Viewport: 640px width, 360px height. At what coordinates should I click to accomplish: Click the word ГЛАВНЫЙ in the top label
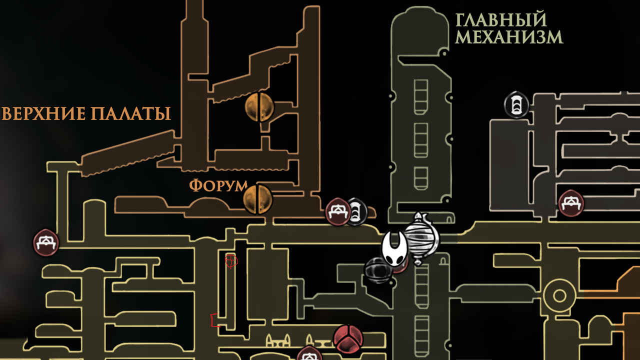point(500,20)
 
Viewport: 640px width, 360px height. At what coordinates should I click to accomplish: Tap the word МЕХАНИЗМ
point(509,37)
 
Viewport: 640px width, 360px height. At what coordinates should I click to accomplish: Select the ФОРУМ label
point(218,185)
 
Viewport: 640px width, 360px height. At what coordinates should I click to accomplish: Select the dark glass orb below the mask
point(377,270)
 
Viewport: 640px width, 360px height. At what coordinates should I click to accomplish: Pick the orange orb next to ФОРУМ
point(258,198)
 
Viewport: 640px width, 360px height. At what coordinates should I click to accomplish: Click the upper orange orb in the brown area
point(260,107)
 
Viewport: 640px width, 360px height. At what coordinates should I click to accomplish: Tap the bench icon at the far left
point(46,243)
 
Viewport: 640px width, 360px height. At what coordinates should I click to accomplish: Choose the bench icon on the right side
point(570,202)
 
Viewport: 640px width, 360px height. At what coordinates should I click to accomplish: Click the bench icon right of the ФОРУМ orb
point(338,212)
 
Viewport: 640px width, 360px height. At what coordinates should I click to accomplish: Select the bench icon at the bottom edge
point(309,355)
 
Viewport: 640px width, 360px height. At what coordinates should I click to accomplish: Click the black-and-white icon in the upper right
point(516,105)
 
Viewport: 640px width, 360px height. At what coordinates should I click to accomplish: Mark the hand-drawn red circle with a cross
point(230,260)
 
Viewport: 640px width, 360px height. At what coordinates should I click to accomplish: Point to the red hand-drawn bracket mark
point(214,319)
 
